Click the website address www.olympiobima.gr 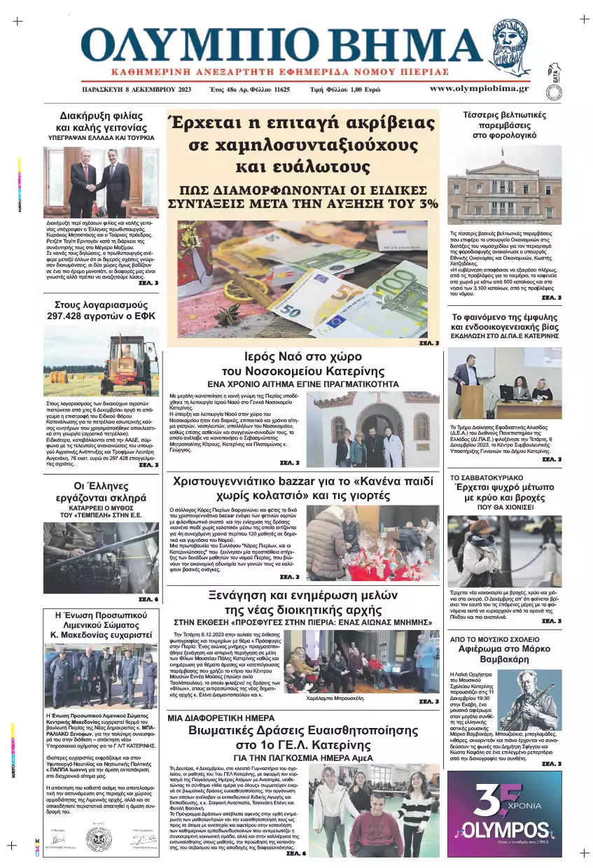point(479,89)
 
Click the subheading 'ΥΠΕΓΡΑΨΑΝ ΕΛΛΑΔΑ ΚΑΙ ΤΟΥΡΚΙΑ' point(101,139)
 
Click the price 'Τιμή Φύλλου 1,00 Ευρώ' point(345,90)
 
